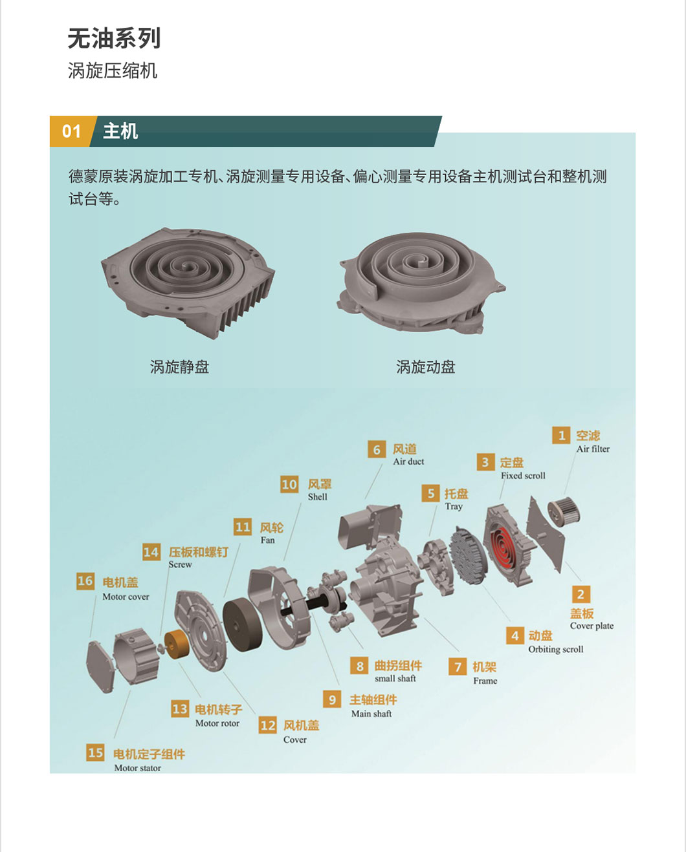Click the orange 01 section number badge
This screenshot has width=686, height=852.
point(72,131)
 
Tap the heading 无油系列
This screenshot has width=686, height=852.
point(114,38)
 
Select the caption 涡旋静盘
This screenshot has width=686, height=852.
point(179,367)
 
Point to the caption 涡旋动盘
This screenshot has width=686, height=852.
point(426,367)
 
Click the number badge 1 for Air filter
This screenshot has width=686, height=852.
point(561,436)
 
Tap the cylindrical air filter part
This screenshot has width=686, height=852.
point(564,515)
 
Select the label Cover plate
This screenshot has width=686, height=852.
point(592,626)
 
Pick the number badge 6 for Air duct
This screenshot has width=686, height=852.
point(377,449)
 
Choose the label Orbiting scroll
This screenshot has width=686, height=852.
point(556,649)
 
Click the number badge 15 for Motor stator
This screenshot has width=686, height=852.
point(96,752)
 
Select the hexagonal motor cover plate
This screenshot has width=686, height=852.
point(100,666)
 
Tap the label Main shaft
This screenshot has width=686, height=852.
point(371,714)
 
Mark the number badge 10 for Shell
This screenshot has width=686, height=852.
point(289,484)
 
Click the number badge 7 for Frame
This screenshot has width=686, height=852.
point(458,666)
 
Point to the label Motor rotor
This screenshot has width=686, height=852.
point(217,723)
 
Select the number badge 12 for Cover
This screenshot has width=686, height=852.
point(267,725)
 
